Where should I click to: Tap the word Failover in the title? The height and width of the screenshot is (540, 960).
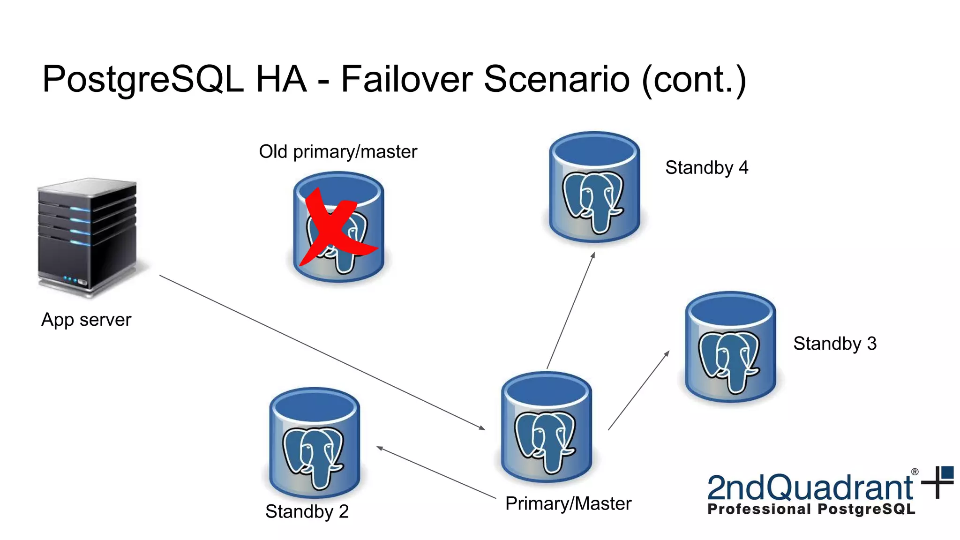click(x=406, y=79)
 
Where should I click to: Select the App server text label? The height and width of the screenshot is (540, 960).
click(x=86, y=320)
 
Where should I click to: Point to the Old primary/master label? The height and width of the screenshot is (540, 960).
click(x=337, y=152)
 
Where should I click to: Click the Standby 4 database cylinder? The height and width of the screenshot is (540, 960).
click(x=594, y=187)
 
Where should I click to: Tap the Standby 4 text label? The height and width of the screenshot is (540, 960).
click(x=706, y=168)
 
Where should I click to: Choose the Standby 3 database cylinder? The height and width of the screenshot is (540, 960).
click(x=730, y=347)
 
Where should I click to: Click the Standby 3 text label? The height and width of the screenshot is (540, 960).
click(x=834, y=344)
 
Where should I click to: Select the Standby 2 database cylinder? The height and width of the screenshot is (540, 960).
click(x=315, y=443)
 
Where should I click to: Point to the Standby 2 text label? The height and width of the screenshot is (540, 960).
click(x=307, y=511)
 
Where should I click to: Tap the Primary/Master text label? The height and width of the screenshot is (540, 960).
click(x=568, y=504)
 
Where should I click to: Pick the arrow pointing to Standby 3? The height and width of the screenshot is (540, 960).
click(x=638, y=390)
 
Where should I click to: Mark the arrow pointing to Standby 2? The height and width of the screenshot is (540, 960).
click(x=436, y=473)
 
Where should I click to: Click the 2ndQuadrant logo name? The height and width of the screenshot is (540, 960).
click(x=810, y=487)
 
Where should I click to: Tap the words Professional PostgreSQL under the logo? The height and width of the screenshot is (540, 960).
click(x=811, y=510)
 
